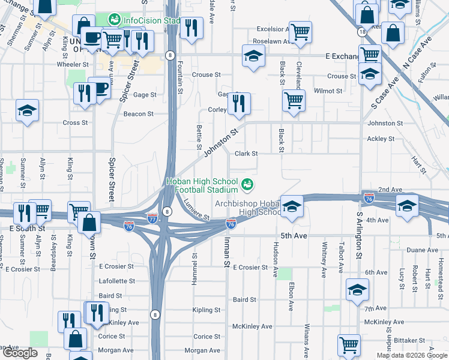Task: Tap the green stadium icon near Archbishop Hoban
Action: (247, 183)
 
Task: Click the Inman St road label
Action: (227, 254)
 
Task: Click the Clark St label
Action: (246, 154)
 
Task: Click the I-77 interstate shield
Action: (152, 219)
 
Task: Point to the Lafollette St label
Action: (117, 281)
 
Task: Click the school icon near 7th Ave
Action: (358, 290)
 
